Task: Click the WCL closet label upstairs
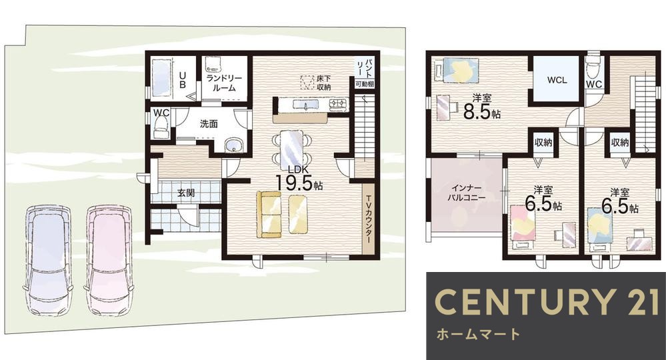point(557,79)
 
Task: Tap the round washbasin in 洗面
point(233,145)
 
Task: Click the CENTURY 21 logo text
point(545,301)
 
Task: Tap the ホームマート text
point(477,333)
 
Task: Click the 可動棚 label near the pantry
point(364,85)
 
